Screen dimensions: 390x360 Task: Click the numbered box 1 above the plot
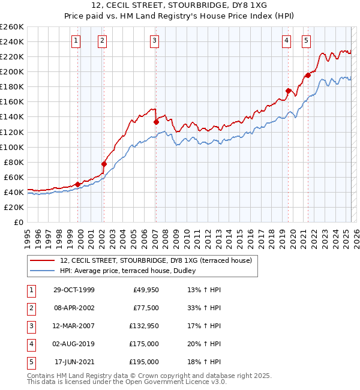click(77, 41)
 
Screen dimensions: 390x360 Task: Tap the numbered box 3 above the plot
click(155, 41)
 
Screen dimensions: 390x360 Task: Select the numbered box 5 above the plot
click(307, 41)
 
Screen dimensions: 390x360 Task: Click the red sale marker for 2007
click(156, 122)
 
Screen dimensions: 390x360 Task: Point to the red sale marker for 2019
click(288, 91)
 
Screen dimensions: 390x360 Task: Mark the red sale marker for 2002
click(104, 164)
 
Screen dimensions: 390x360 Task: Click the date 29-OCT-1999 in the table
click(74, 290)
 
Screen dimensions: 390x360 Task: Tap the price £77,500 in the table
click(146, 308)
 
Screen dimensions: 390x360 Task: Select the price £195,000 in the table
click(145, 362)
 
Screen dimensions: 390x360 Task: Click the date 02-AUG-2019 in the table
click(74, 344)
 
